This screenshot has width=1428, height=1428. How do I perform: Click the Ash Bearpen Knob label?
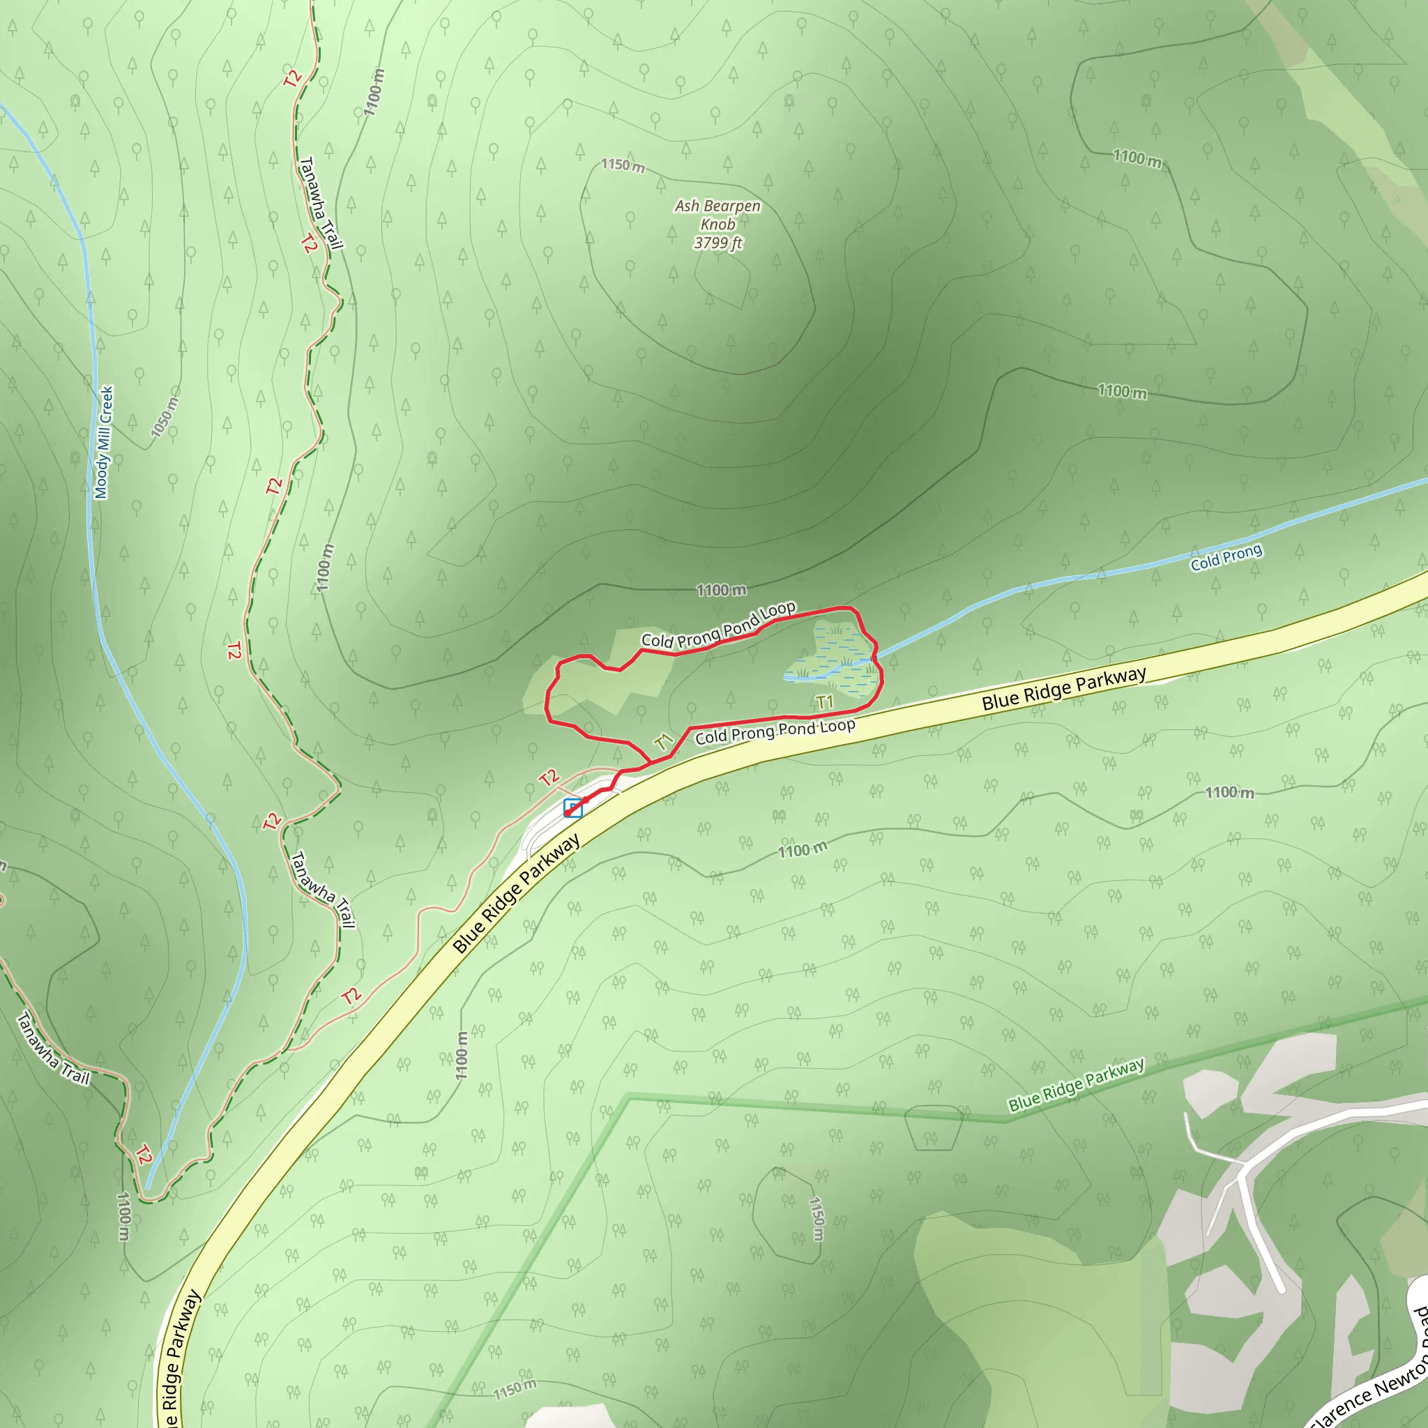tap(717, 214)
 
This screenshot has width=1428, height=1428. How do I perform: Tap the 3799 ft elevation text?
tap(717, 243)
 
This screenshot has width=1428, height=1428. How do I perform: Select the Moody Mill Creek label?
tap(104, 442)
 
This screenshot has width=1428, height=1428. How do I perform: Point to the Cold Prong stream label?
tap(1226, 557)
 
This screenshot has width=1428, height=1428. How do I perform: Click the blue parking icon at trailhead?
tap(573, 808)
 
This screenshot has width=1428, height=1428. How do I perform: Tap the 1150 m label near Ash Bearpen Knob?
tap(623, 165)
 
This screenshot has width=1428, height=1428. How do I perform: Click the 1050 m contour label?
tap(164, 418)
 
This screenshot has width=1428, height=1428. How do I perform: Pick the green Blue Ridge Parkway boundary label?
tap(1076, 1084)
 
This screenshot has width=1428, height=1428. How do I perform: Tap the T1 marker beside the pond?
tap(824, 701)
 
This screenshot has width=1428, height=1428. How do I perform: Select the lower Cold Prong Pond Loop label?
tap(775, 731)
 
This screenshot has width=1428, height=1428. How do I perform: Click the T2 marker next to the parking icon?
tap(549, 777)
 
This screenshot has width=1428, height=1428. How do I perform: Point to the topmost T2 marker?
tap(293, 77)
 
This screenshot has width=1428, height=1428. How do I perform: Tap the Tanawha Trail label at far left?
tap(53, 1049)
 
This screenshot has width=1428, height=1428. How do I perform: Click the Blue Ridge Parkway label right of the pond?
tap(1063, 688)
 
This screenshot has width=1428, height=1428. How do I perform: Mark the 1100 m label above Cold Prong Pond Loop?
tap(722, 590)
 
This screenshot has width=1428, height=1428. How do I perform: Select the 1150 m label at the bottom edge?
tap(515, 1390)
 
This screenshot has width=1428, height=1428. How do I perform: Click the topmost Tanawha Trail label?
tap(321, 204)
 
